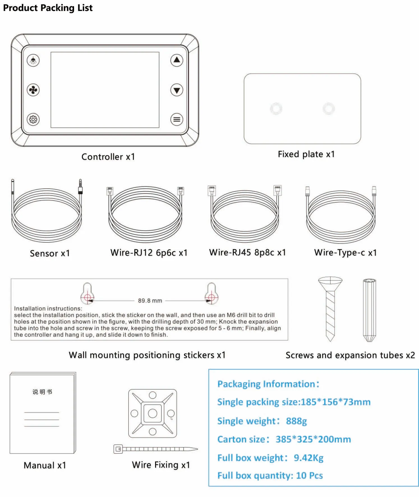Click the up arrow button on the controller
(x=177, y=60)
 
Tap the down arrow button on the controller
(x=177, y=90)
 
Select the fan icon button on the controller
(x=33, y=90)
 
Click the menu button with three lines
(x=177, y=120)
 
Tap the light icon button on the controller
(x=33, y=60)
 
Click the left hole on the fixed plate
(x=276, y=109)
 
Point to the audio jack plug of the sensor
(x=80, y=186)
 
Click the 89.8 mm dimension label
(x=150, y=301)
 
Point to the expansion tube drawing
(x=369, y=310)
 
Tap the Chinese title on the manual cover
(x=42, y=392)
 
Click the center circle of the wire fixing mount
(x=153, y=413)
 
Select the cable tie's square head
(x=118, y=449)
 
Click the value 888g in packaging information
(x=296, y=421)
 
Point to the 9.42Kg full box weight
(x=309, y=458)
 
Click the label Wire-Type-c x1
(x=346, y=252)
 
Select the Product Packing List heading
(x=48, y=8)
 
